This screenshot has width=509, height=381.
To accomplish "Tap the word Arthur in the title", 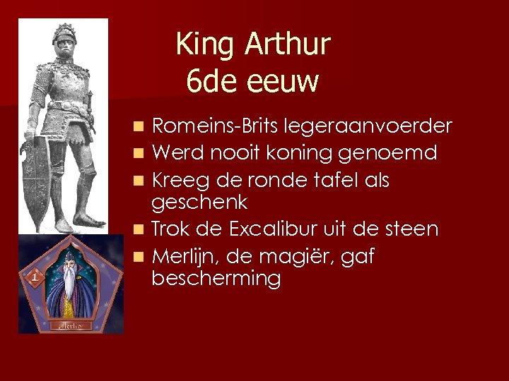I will pyautogui.click(x=288, y=45).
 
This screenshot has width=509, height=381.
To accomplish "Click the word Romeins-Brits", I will pyautogui.click(x=216, y=126).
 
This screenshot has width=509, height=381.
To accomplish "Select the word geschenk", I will pyautogui.click(x=199, y=203).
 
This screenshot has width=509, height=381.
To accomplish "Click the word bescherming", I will pyautogui.click(x=216, y=279).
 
